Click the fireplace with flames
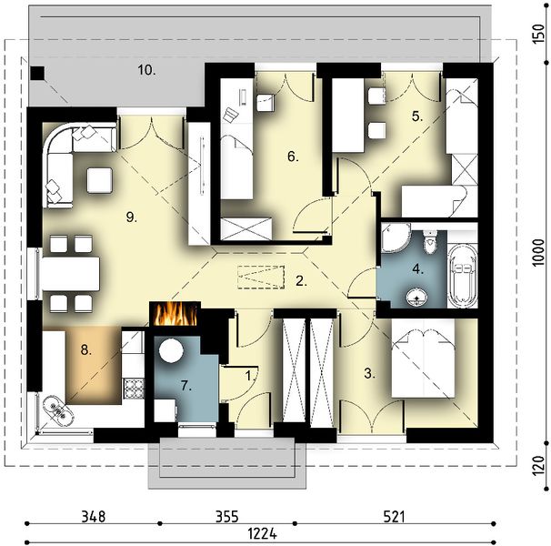175,314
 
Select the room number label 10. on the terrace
146,69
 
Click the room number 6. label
293,157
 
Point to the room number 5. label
416,116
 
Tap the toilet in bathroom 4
430,245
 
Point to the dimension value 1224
264,534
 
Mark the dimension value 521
393,517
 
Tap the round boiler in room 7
171,350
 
